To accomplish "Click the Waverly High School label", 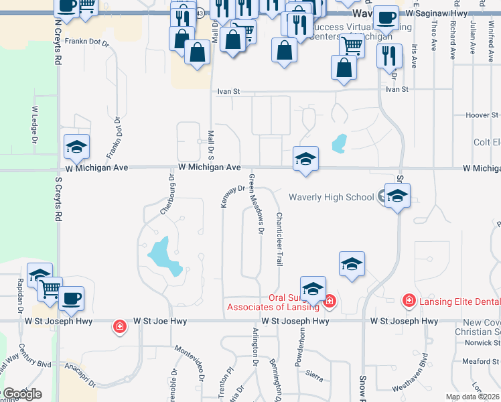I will (331, 197).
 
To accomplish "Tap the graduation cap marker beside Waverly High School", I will (397, 196).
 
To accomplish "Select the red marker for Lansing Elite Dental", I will (409, 301).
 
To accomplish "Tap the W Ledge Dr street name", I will (35, 121).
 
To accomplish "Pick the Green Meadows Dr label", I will (255, 204).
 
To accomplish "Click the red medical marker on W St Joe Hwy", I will (119, 326).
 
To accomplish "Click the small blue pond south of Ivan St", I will (339, 143).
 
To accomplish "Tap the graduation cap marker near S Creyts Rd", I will (76, 147).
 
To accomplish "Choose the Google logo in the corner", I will (21, 394).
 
